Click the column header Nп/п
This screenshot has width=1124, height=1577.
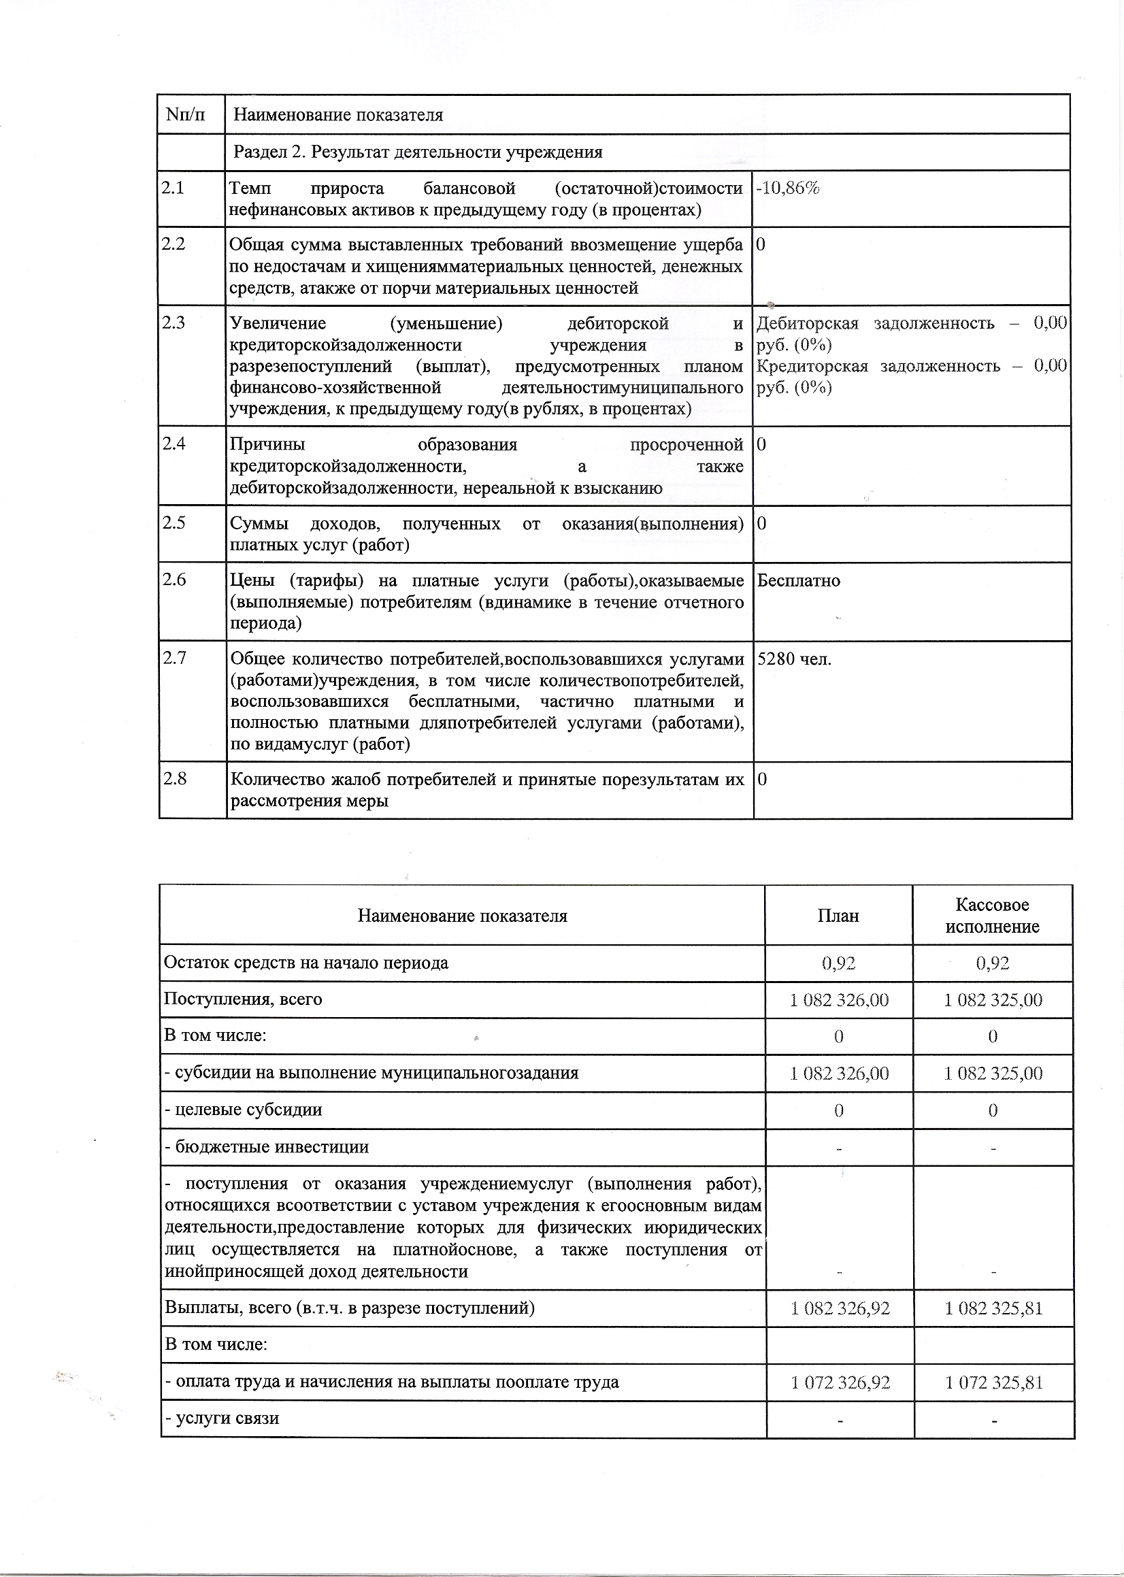(186, 114)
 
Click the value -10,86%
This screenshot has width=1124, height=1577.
(788, 188)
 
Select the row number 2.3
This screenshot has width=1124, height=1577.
(173, 323)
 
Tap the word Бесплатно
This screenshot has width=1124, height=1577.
(799, 580)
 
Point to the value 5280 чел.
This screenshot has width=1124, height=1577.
(795, 659)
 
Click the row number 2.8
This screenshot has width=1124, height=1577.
(174, 779)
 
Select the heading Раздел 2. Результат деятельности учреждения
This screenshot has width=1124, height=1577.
(417, 152)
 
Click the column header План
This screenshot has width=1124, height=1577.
(838, 916)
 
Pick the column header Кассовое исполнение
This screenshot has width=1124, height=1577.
(992, 916)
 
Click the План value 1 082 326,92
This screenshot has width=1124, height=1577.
(840, 1308)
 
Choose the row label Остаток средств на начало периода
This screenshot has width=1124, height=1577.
(306, 963)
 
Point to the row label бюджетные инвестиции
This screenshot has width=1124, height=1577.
(267, 1147)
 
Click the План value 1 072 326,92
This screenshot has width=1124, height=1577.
(840, 1382)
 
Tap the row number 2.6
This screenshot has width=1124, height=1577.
(174, 580)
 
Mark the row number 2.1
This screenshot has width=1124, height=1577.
(173, 188)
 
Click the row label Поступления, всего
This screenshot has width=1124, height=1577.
(243, 1000)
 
